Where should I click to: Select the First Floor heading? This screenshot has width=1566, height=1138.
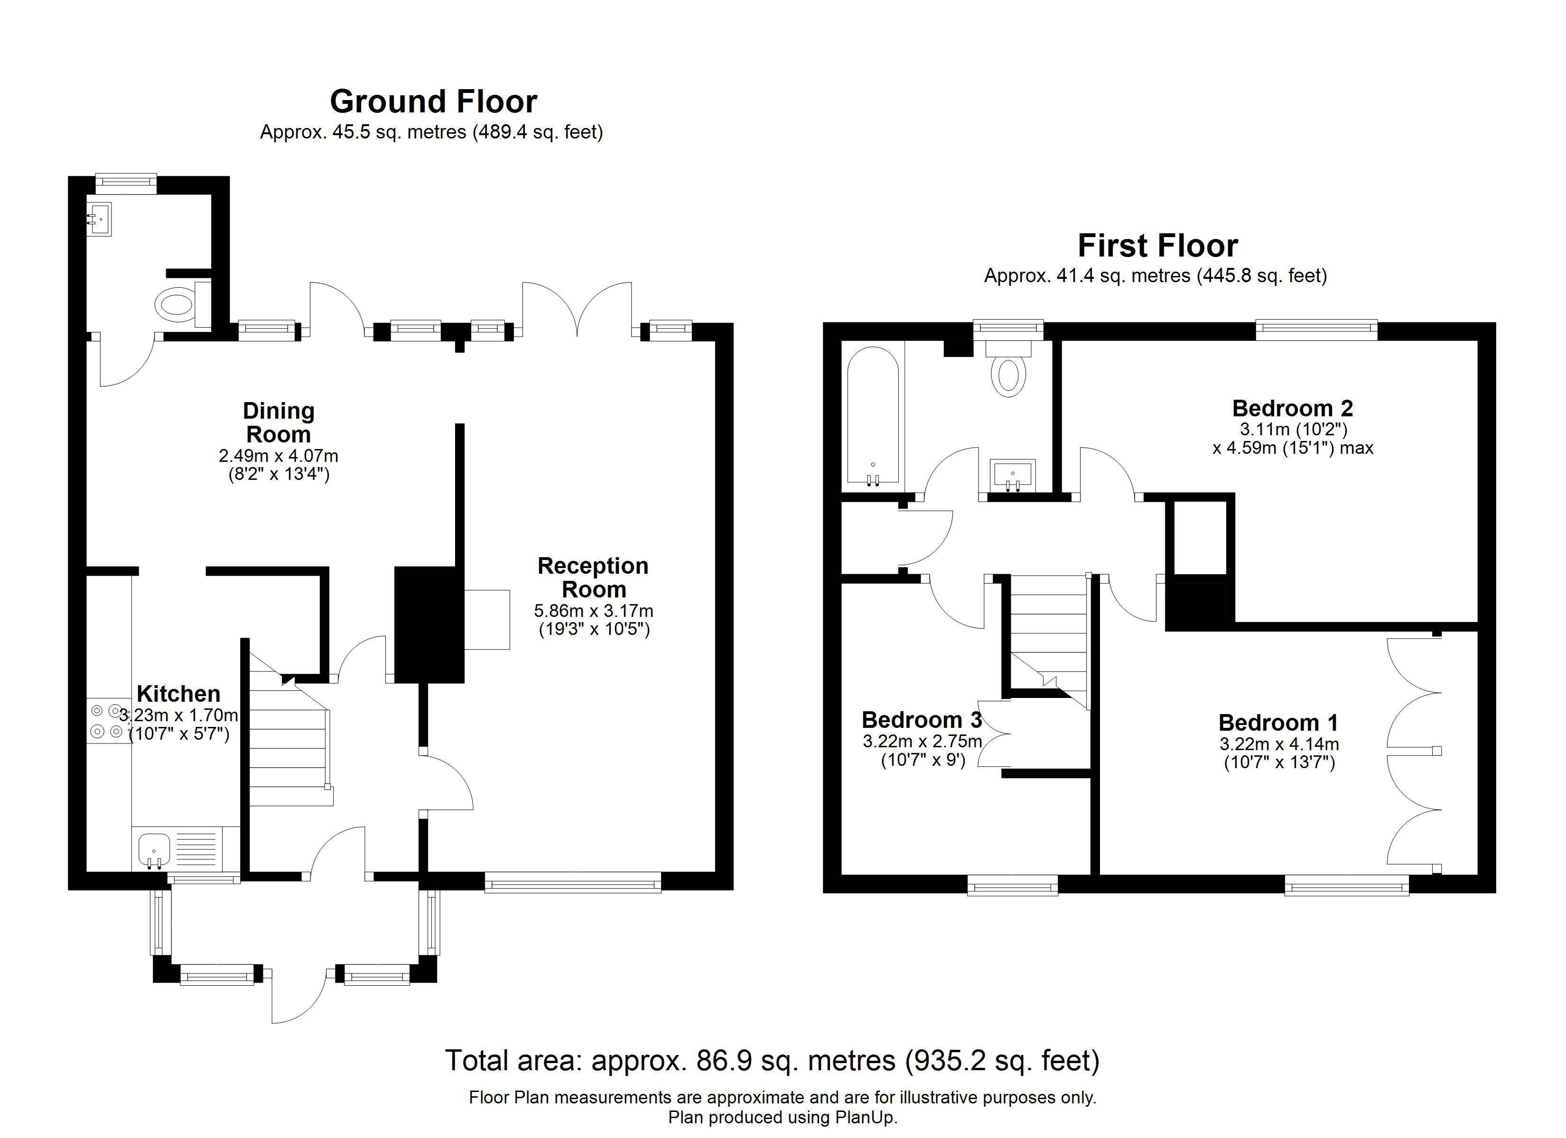tap(1157, 247)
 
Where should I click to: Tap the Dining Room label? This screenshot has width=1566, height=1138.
tap(278, 422)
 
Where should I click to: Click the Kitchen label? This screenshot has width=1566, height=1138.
tap(178, 694)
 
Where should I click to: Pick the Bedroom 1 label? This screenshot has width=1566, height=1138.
tap(1278, 723)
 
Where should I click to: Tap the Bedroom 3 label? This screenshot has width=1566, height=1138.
tap(921, 720)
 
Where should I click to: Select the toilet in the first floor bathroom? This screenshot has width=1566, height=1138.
tap(1008, 373)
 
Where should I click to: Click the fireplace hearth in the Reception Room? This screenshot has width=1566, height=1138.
tap(487, 620)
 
